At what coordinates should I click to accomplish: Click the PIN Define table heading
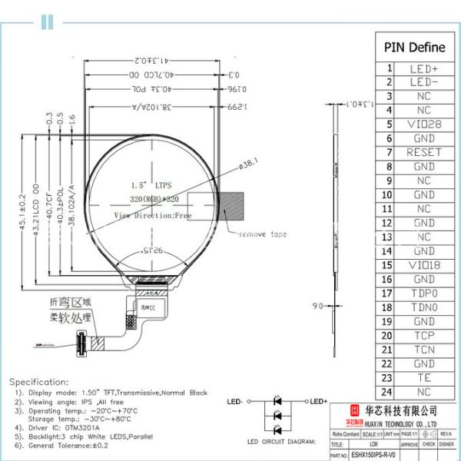tap(414, 47)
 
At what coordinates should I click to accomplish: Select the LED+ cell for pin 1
tap(424, 68)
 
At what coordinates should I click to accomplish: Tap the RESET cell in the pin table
tap(424, 152)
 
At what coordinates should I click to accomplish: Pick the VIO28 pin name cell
tap(424, 124)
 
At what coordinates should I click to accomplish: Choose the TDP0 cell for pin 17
tap(424, 294)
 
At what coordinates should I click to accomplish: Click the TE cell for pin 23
tap(424, 378)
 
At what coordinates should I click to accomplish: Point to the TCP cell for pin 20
tap(424, 336)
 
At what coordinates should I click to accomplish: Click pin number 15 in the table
tap(389, 265)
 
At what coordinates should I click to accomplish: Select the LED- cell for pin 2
tap(424, 82)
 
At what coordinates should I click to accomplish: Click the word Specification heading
tap(39, 381)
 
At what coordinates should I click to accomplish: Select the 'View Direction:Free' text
tap(152, 216)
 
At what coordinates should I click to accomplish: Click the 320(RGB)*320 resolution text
tap(154, 198)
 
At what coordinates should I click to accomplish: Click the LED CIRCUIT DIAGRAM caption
tap(281, 442)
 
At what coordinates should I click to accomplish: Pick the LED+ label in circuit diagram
tap(319, 401)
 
